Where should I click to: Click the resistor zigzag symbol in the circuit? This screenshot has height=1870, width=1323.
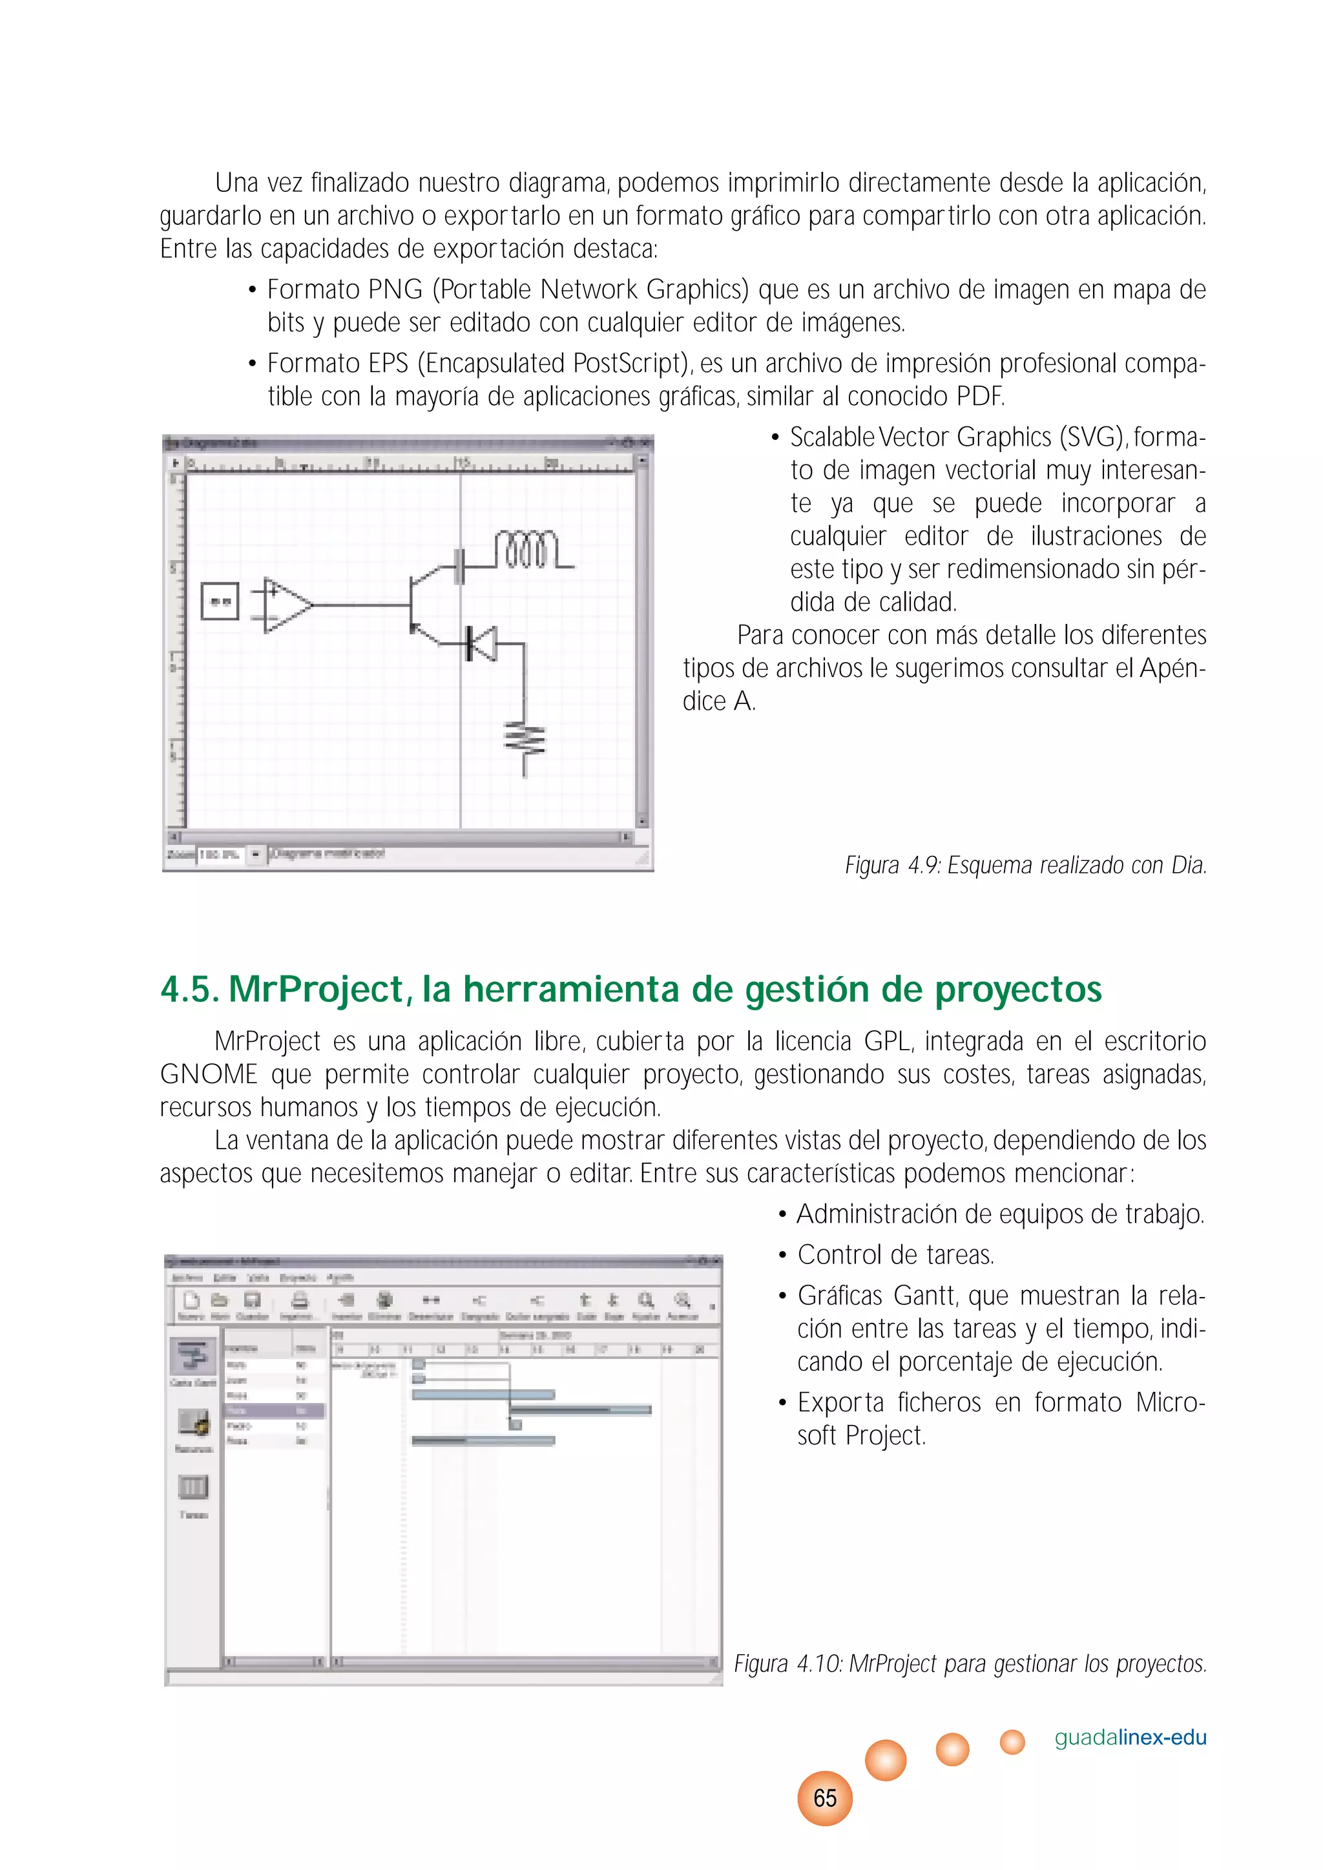click(525, 740)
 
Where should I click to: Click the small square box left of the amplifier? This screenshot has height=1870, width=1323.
click(220, 602)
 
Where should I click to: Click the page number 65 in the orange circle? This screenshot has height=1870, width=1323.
click(824, 1798)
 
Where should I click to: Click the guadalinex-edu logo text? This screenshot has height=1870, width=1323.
click(1130, 1737)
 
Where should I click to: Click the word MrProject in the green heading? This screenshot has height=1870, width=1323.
click(316, 990)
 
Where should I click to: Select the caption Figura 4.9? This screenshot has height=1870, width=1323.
click(1025, 865)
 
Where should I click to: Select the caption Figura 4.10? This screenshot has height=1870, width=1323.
click(970, 1663)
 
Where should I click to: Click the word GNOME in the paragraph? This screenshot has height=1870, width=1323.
click(209, 1074)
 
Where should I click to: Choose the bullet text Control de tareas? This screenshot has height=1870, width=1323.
click(895, 1255)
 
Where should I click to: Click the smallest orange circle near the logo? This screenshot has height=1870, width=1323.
click(1012, 1741)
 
